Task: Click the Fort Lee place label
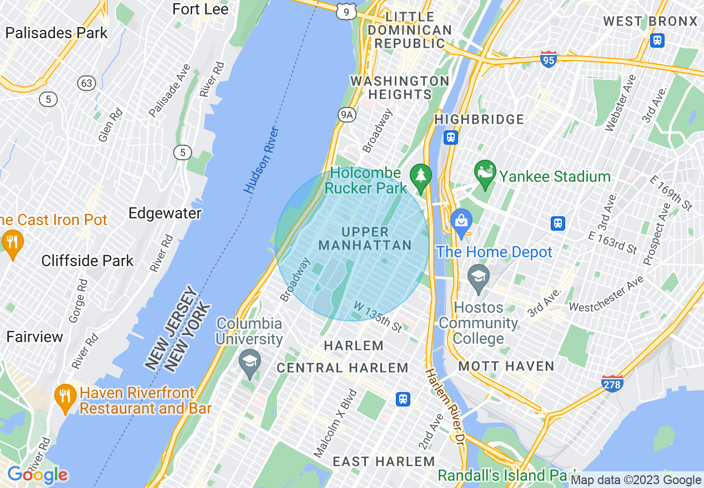200,9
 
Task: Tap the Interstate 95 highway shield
549,59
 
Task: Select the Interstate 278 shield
612,383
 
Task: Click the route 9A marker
346,114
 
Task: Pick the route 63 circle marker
87,84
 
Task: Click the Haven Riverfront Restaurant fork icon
66,396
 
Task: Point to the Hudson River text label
261,160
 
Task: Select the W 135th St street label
378,317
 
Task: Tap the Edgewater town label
165,213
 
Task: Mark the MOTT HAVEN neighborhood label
506,366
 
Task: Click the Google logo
37,475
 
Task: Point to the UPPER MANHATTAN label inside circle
365,238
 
